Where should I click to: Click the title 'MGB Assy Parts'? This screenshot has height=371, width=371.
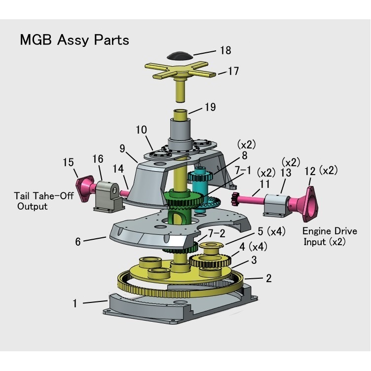coord(74,40)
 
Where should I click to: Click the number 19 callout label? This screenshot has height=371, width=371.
coord(210,107)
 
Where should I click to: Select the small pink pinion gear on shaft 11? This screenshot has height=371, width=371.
coord(235,199)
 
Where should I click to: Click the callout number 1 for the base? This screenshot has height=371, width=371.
coord(75,303)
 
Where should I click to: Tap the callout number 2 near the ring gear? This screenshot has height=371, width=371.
coord(268,278)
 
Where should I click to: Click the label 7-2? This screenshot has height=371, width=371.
coord(217,232)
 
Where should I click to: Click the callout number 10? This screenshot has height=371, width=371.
coord(141,130)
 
